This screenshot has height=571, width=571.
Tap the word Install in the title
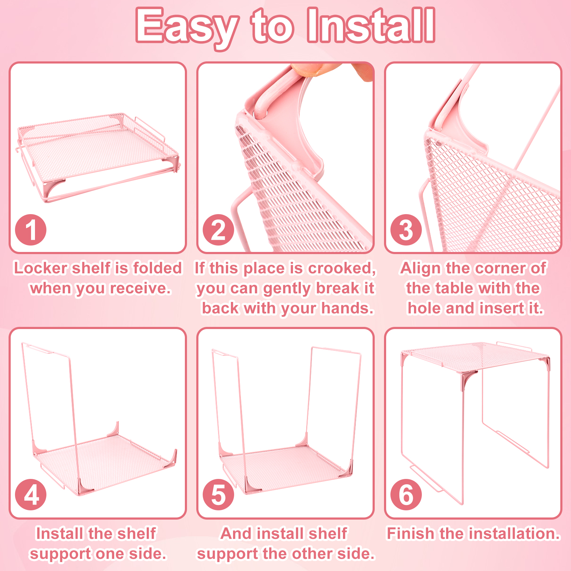click(x=371, y=25)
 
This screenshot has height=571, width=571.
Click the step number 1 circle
click(x=31, y=230)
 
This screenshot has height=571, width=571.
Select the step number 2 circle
click(x=218, y=230)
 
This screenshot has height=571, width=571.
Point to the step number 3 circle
click(x=406, y=230)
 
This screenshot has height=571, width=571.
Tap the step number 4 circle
click(x=31, y=495)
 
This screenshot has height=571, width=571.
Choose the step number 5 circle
click(x=218, y=495)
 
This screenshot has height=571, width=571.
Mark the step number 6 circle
click(x=406, y=495)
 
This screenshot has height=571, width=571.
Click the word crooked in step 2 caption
click(x=342, y=268)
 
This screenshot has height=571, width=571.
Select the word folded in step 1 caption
click(x=157, y=268)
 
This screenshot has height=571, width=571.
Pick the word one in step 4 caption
click(x=110, y=554)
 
